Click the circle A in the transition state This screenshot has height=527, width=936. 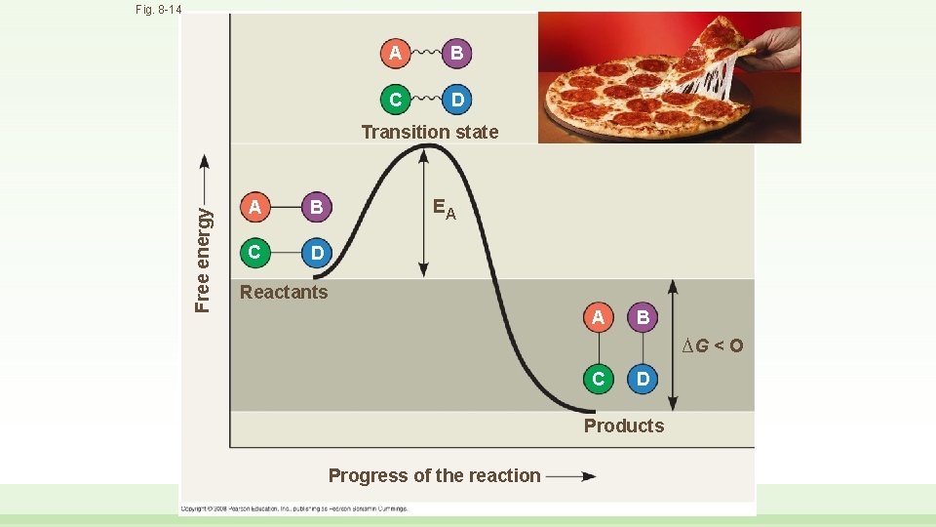pyautogui.click(x=395, y=54)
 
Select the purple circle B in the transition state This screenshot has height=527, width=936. pyautogui.click(x=456, y=54)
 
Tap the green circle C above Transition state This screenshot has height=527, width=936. pyautogui.click(x=395, y=100)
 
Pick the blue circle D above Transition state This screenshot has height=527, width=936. pyautogui.click(x=456, y=100)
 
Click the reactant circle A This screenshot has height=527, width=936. pyautogui.click(x=254, y=207)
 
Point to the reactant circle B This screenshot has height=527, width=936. pyautogui.click(x=316, y=207)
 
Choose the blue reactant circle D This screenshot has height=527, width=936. pyautogui.click(x=316, y=255)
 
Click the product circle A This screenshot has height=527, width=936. pyautogui.click(x=598, y=317)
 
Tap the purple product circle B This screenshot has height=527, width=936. pyautogui.click(x=643, y=317)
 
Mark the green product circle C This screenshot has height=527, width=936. pyautogui.click(x=598, y=378)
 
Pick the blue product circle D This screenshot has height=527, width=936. pyautogui.click(x=643, y=378)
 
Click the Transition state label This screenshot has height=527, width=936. pyautogui.click(x=429, y=132)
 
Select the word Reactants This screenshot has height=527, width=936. pyautogui.click(x=284, y=292)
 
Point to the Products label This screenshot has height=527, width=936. pyautogui.click(x=624, y=426)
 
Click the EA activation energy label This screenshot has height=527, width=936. pyautogui.click(x=444, y=209)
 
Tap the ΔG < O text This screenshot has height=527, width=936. pyautogui.click(x=712, y=345)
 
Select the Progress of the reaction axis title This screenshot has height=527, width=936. pyautogui.click(x=434, y=476)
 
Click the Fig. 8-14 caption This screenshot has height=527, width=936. pyautogui.click(x=159, y=10)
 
